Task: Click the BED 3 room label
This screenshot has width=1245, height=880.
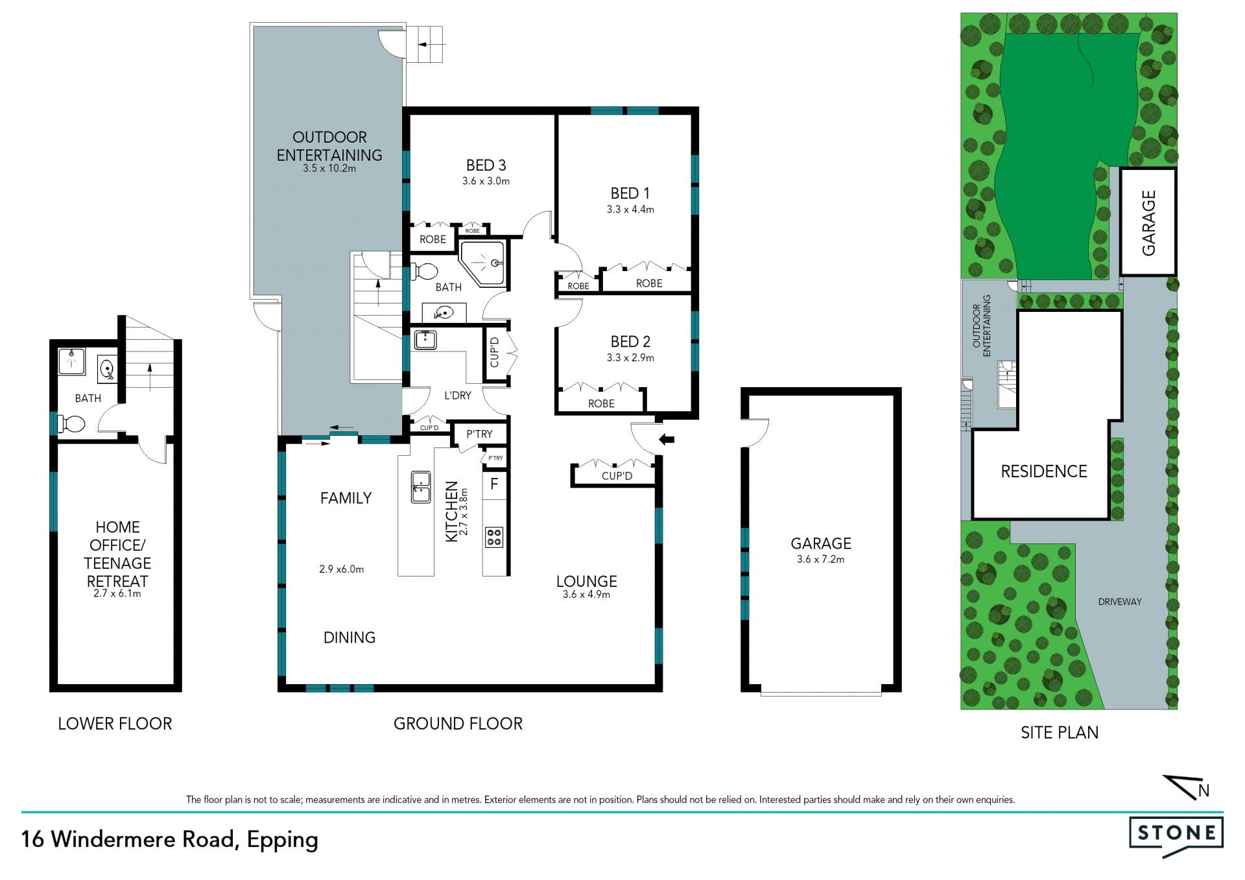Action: click(x=486, y=165)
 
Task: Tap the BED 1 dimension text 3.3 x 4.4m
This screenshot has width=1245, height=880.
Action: click(x=630, y=209)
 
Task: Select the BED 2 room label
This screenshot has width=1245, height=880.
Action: click(x=630, y=342)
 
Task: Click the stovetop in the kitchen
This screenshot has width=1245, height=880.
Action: click(x=494, y=537)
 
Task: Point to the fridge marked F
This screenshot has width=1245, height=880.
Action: click(x=494, y=484)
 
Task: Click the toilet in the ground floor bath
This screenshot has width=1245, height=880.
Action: click(x=425, y=271)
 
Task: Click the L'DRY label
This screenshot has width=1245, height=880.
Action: click(x=458, y=396)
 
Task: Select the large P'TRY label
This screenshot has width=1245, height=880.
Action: click(x=480, y=434)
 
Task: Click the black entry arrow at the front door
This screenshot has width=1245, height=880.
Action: click(x=667, y=440)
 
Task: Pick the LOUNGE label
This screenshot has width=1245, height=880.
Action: click(x=587, y=581)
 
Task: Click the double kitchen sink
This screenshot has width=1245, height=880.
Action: click(x=421, y=487)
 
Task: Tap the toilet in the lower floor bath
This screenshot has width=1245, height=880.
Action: click(x=71, y=424)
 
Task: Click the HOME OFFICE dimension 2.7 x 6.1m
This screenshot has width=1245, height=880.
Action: click(x=117, y=593)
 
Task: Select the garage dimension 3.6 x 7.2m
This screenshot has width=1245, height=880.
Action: click(x=821, y=559)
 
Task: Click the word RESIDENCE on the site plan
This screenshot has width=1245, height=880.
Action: click(x=1044, y=471)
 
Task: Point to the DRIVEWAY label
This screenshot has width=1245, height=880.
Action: click(x=1120, y=602)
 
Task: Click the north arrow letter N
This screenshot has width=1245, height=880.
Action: click(x=1204, y=791)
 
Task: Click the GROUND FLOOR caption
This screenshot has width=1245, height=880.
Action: click(x=458, y=724)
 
